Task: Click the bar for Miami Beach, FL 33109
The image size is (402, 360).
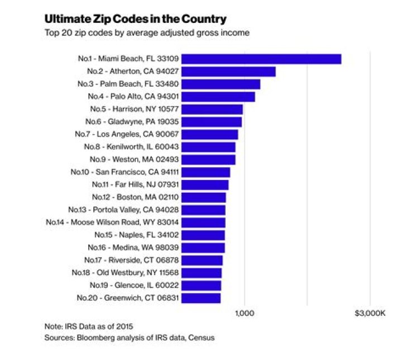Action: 261,59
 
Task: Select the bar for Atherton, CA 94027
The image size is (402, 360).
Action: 229,72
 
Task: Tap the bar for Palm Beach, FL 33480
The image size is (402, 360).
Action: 221,84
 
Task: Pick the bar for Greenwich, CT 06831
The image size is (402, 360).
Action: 202,298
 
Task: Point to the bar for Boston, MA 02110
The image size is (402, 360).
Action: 204,197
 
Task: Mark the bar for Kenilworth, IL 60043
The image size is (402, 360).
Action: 209,147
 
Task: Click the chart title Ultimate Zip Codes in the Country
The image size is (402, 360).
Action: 135,19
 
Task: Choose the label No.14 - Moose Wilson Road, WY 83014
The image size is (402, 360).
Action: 113,222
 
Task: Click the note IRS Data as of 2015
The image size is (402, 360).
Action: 89,326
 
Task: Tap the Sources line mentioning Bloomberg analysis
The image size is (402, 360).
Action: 129,338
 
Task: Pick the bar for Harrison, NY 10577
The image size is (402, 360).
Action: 213,109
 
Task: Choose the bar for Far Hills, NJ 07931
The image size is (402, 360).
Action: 205,184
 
